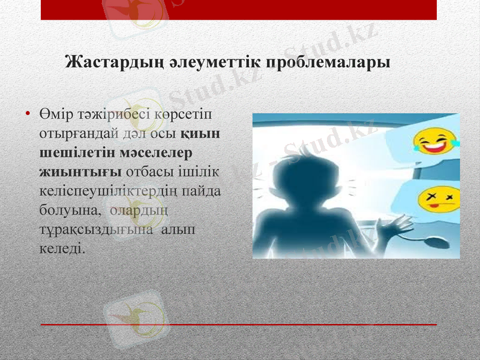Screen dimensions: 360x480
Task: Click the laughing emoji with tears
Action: click(433, 143)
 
